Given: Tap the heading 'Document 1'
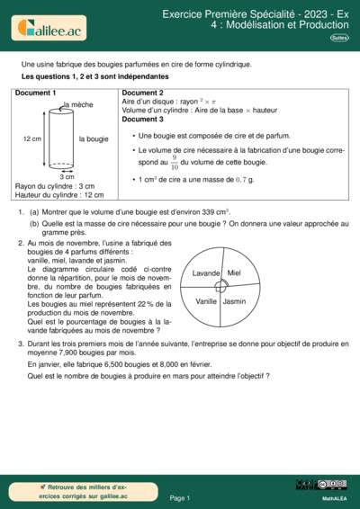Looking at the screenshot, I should (x=36, y=94).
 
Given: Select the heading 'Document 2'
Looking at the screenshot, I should (x=142, y=94).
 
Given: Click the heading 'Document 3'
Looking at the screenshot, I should (x=142, y=120).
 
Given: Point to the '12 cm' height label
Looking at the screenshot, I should (x=31, y=139).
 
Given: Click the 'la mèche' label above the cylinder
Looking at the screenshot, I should (x=78, y=105).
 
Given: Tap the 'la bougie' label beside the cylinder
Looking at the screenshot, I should (x=94, y=139).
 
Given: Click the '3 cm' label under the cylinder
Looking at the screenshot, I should (x=67, y=177).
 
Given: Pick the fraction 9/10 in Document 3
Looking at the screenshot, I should (x=175, y=163).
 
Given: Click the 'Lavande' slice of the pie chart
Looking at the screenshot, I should (x=206, y=272).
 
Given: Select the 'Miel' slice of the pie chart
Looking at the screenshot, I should (x=234, y=272).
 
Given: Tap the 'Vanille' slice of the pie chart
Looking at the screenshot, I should (x=206, y=301).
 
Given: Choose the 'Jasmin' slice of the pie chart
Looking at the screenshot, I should (x=234, y=301).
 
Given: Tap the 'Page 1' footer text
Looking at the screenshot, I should (x=179, y=497).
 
